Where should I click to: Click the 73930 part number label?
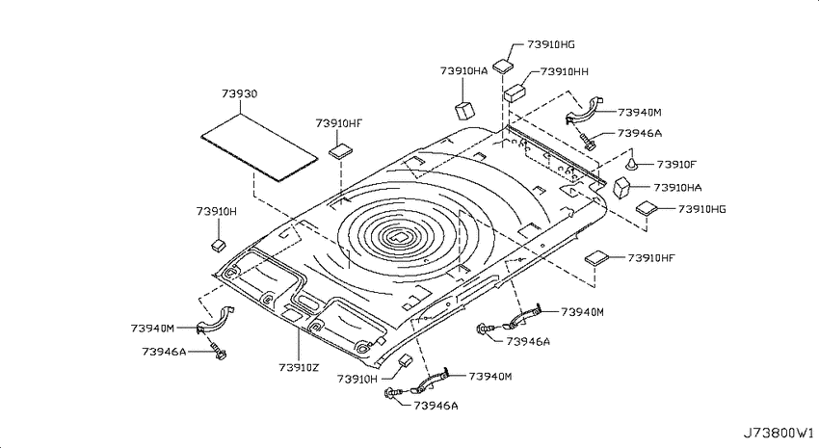pos(239,94)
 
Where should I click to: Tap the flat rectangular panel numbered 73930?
pos(259,148)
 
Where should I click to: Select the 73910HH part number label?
pos(564,71)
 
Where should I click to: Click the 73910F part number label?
pos(676,165)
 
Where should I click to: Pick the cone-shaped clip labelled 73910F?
pos(632,166)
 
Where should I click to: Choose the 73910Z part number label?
pos(299,368)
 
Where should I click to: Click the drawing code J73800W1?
pos(779,433)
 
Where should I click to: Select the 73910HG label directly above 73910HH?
pos(551,44)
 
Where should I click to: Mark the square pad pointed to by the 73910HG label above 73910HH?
pos(503,66)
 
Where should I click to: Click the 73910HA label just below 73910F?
pos(677,188)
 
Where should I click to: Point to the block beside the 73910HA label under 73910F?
pos(621,188)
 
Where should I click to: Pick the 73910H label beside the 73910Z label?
pos(357,379)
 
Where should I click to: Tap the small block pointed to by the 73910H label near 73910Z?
pos(406,359)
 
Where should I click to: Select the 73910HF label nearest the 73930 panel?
pos(339,123)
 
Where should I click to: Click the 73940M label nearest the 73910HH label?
pos(640,113)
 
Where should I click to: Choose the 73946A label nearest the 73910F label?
pos(640,133)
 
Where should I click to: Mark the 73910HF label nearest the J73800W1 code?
pos(651,258)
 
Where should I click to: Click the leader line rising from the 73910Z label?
pos(299,345)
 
